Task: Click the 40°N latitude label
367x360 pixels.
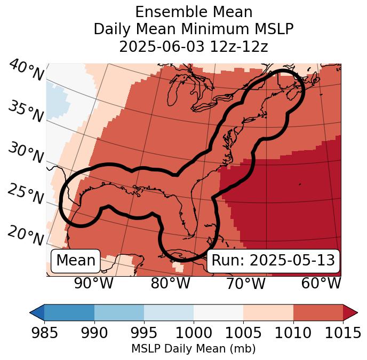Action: pos(26,71)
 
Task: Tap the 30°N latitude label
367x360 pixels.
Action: pos(26,153)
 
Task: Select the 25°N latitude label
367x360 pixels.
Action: pos(26,194)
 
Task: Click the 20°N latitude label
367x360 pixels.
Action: pos(26,235)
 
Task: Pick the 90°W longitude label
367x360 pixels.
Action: pos(93,284)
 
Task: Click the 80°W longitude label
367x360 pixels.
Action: pos(170,284)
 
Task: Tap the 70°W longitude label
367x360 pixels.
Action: pos(245,284)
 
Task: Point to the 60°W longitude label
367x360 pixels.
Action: pos(321,284)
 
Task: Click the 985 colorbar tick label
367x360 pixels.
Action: pos(44,333)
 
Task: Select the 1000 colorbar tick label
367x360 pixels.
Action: pos(194,333)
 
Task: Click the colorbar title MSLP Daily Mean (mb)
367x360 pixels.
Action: pos(193,349)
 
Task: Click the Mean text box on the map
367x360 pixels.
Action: pos(76,261)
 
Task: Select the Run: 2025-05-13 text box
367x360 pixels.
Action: pos(273,261)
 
